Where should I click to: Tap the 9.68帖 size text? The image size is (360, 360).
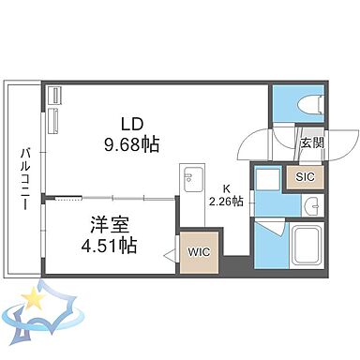[130, 145]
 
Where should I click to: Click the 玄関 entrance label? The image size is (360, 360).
[311, 142]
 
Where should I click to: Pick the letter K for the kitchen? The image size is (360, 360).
[226, 186]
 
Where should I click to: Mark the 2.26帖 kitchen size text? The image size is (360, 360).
[227, 200]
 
